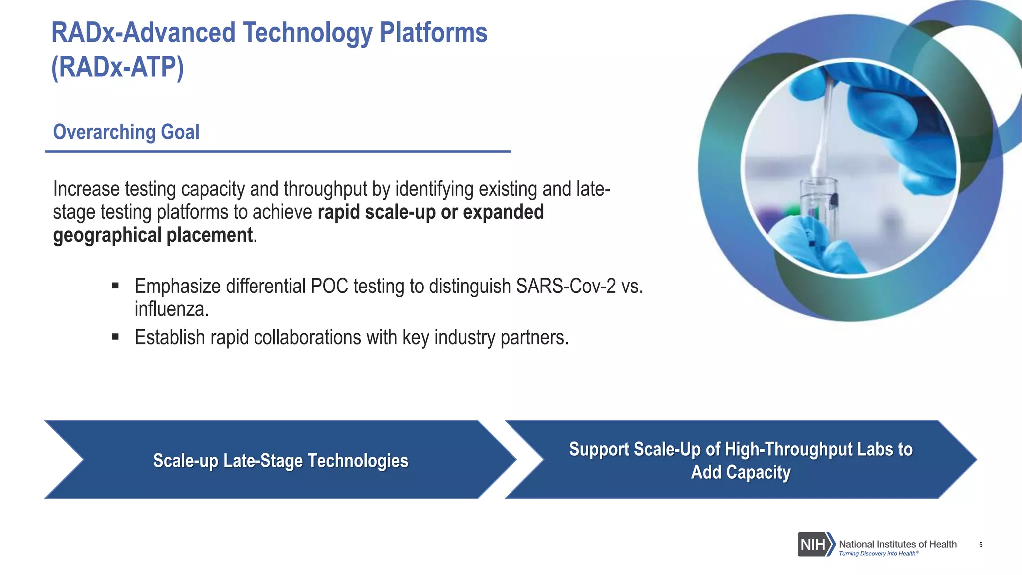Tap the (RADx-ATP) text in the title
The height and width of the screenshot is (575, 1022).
pos(118,67)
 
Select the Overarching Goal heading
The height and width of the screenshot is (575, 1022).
pos(126,132)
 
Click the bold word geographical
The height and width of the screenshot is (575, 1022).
pos(107,235)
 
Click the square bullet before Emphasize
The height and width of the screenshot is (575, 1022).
pos(116,286)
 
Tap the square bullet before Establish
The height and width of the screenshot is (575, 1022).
pos(116,337)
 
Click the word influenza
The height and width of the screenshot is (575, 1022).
pos(171,309)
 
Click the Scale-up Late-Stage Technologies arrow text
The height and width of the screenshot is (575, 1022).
pos(280,460)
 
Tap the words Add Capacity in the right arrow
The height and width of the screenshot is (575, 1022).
pos(741,472)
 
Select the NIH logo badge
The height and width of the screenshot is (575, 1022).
pos(815,544)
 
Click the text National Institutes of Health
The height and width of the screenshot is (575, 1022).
pos(897,544)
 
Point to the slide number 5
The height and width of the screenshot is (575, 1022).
pos(981,545)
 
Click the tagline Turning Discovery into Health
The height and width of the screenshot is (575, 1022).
pos(877,553)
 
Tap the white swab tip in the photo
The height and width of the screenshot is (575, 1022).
pos(818,160)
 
